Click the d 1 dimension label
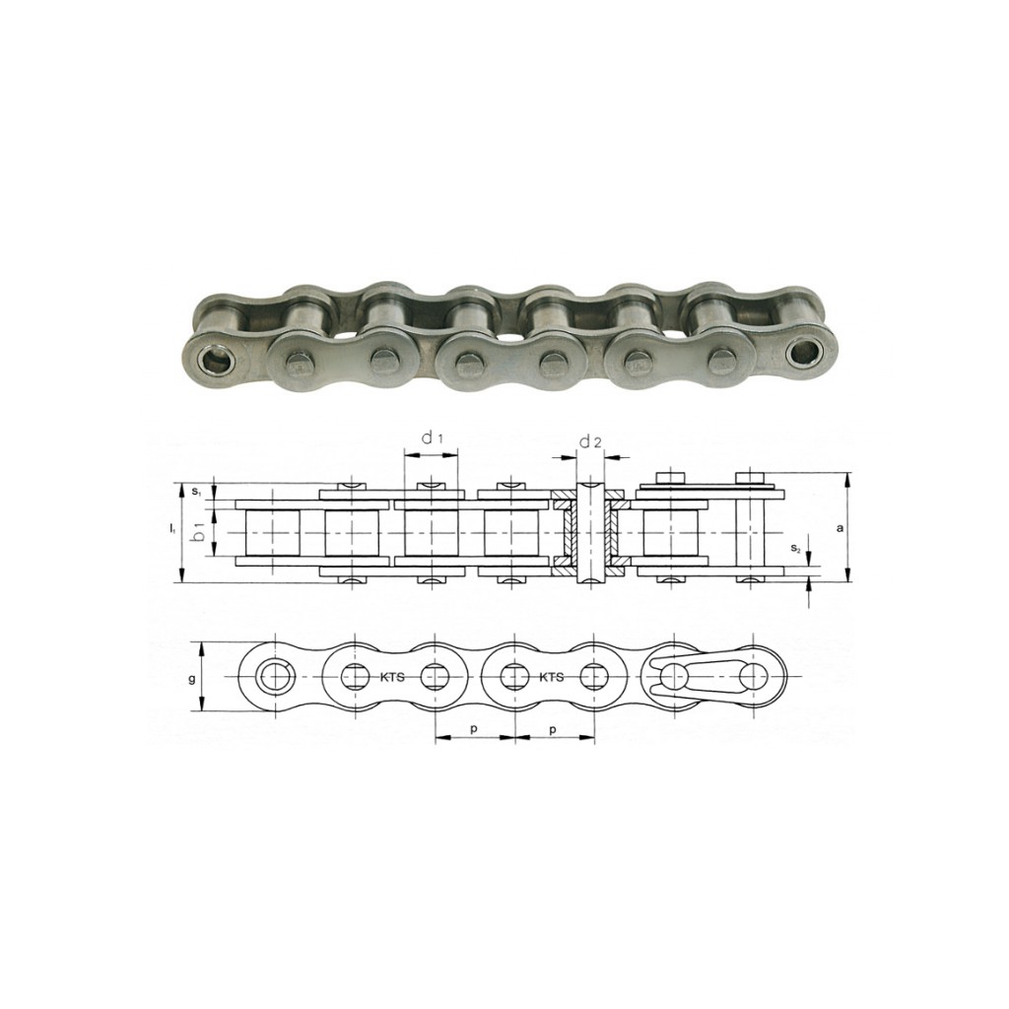click(x=432, y=438)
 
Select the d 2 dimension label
click(x=590, y=442)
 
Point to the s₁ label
click(x=197, y=492)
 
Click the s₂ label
click(x=796, y=549)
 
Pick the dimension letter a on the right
click(x=839, y=528)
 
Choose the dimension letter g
click(x=192, y=679)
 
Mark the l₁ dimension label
click(x=171, y=529)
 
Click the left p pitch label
click(x=473, y=730)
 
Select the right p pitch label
click(x=552, y=730)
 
